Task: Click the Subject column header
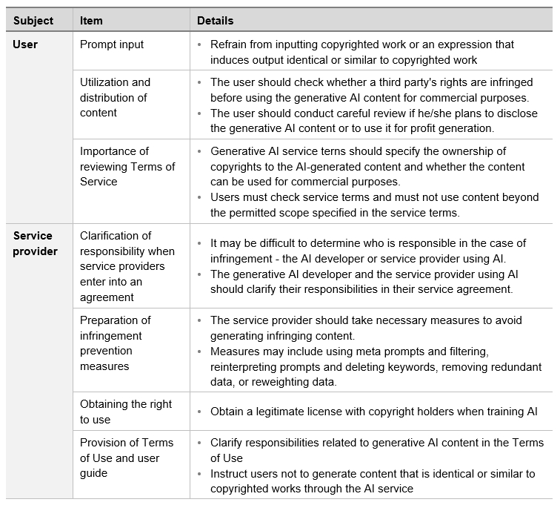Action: (x=33, y=21)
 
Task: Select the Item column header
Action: (x=92, y=21)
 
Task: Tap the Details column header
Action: (x=216, y=21)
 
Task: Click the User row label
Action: (x=25, y=44)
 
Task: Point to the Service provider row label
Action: (x=35, y=243)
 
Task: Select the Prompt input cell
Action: (x=112, y=44)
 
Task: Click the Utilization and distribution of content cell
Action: (x=115, y=97)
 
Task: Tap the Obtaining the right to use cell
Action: (x=125, y=412)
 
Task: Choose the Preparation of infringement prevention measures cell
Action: (x=115, y=343)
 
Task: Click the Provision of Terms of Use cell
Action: (x=126, y=458)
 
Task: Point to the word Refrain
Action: (x=230, y=44)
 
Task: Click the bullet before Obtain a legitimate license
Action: (x=200, y=412)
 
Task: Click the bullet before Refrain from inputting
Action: (x=200, y=44)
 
